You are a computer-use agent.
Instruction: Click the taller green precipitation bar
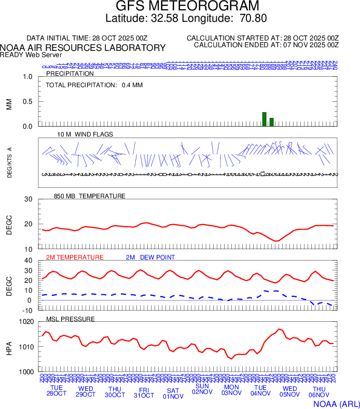(x=264, y=119)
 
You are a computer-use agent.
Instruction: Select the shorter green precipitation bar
(x=271, y=122)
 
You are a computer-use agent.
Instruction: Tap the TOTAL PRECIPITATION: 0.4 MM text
(x=94, y=85)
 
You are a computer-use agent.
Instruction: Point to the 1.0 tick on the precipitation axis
(x=27, y=77)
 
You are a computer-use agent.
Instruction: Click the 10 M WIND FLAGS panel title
(x=85, y=134)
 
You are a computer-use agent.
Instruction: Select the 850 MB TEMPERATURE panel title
(x=89, y=196)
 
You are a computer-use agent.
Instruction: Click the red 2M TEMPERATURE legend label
(x=75, y=257)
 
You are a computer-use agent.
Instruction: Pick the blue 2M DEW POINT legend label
(x=150, y=257)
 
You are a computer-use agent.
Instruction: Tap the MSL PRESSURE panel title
(x=71, y=319)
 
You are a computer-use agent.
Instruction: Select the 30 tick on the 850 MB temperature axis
(x=28, y=200)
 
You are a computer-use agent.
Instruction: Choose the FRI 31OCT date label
(x=144, y=392)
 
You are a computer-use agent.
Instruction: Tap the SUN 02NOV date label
(x=202, y=389)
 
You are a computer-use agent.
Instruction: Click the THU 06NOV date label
(x=319, y=392)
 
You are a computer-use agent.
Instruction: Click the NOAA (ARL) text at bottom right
(x=335, y=403)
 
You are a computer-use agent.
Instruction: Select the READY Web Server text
(x=31, y=54)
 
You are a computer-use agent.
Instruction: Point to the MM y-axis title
(x=9, y=104)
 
